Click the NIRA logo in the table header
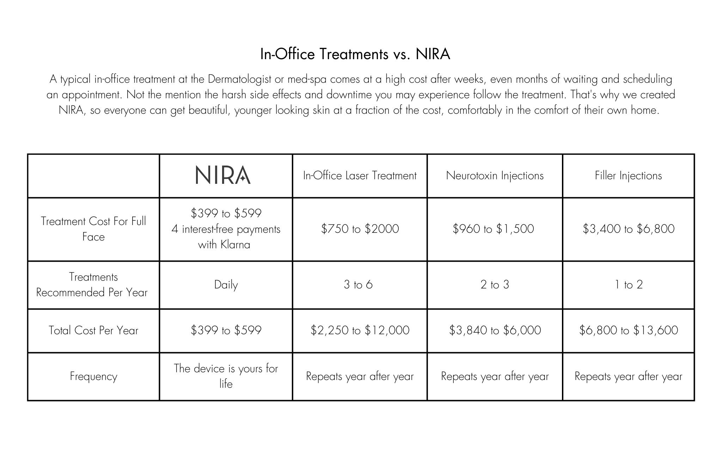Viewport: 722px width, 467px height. (223, 175)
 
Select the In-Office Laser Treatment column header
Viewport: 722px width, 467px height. (360, 175)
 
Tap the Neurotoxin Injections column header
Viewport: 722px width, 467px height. (495, 175)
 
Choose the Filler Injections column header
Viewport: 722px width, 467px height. (628, 175)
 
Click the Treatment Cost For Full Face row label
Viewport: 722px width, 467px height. (93, 229)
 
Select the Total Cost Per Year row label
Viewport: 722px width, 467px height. (93, 330)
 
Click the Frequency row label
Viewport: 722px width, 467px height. (93, 376)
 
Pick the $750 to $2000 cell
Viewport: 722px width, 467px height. (360, 229)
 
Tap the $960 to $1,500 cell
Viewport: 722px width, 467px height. (493, 229)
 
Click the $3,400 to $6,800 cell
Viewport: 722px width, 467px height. (628, 229)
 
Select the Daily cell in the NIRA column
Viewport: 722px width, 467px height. (226, 285)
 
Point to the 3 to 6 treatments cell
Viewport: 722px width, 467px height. (358, 285)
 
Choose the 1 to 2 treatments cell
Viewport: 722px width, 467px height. (629, 285)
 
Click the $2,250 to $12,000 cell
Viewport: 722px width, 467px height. (360, 330)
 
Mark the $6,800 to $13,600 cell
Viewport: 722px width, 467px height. (628, 330)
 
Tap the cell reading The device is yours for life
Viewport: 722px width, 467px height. (226, 376)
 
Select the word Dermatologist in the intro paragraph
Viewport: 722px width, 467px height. (240, 79)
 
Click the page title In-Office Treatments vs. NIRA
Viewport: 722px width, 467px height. (355, 54)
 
